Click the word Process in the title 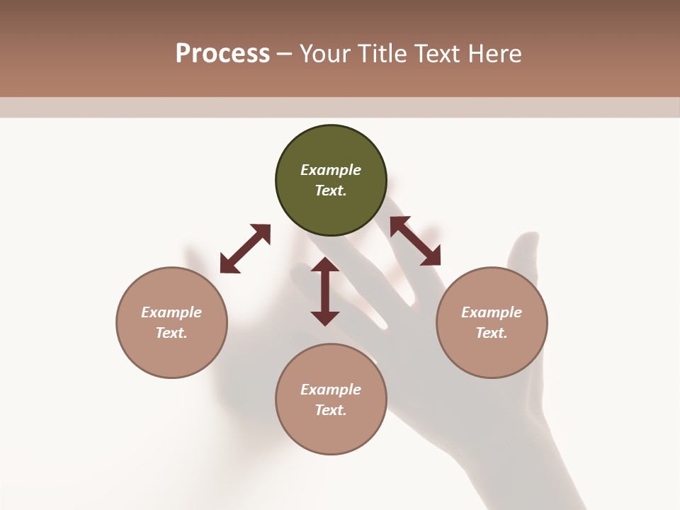tap(222, 54)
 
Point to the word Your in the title tap(324, 54)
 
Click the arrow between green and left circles tap(245, 249)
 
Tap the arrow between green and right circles tap(416, 241)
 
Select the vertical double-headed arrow tap(325, 291)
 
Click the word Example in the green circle tap(331, 170)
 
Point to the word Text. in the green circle tap(331, 191)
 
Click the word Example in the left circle tap(171, 312)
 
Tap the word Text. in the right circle tap(492, 333)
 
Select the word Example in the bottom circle tap(331, 390)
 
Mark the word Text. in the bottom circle tap(331, 410)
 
